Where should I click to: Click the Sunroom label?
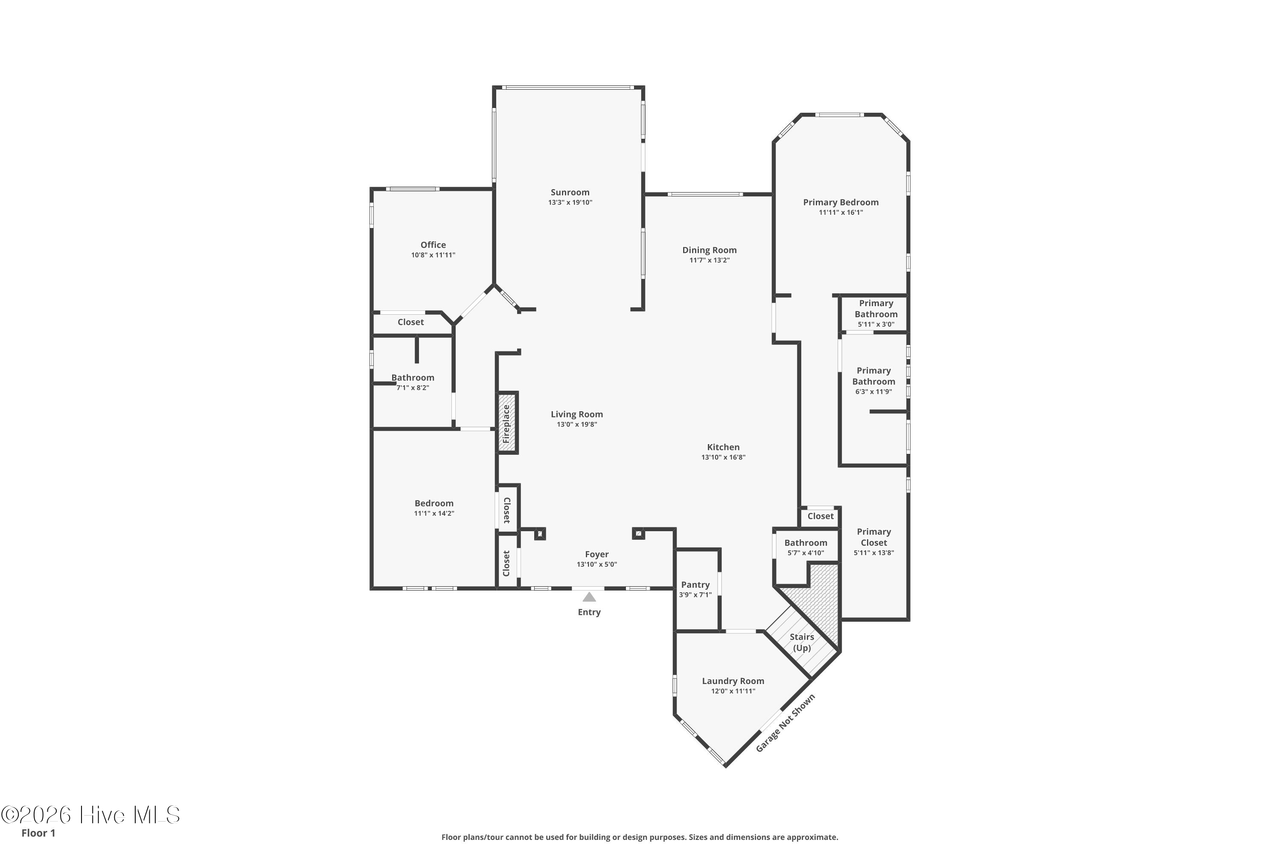570,192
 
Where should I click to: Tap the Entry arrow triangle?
589,597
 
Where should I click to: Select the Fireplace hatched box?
507,423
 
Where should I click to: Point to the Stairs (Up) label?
802,642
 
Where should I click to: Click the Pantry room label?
695,585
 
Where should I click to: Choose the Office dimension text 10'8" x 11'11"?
433,255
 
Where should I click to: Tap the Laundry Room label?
733,681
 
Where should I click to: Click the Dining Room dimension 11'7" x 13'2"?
710,260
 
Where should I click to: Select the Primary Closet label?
874,537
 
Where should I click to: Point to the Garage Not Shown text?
785,723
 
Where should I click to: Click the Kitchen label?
723,447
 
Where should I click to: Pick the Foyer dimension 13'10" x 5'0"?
597,564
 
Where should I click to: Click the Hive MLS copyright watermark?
90,815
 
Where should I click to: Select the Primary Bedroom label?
841,202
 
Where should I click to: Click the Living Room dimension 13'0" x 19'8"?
577,424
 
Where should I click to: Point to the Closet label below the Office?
410,322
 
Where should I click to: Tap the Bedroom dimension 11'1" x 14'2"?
434,513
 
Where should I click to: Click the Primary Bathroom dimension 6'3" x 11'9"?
873,392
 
